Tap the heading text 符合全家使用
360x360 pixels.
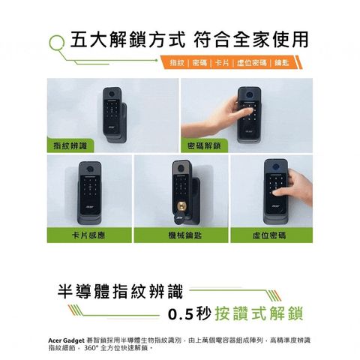pyautogui.click(x=250, y=38)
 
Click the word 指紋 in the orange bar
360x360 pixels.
pyautogui.click(x=178, y=61)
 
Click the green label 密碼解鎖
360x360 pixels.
pyautogui.click(x=204, y=144)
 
